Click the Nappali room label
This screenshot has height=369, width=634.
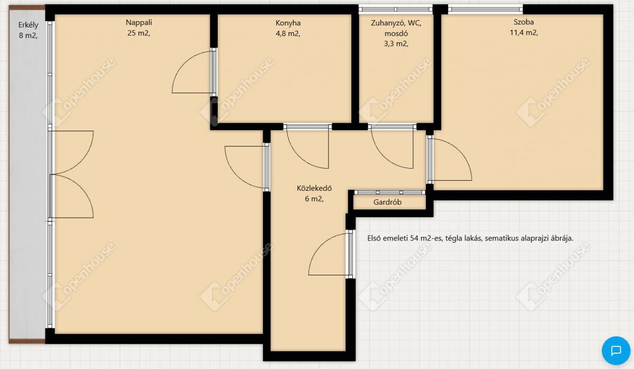138,22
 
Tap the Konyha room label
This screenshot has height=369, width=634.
288,23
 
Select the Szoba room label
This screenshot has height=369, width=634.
524,22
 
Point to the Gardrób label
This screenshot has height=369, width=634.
387,202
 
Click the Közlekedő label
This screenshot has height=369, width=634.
314,188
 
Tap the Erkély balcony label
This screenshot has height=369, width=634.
28,25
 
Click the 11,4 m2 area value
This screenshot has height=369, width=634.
524,33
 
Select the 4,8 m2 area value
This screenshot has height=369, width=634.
288,34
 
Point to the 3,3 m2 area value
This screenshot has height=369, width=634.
396,44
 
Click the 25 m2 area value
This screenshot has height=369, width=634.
138,33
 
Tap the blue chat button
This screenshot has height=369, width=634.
616,350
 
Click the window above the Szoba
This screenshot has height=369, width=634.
486,10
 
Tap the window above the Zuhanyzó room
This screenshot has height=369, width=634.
396,10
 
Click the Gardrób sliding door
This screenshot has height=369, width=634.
390,192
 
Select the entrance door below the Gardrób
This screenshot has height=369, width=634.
331,254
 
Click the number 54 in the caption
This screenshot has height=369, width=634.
414,238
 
